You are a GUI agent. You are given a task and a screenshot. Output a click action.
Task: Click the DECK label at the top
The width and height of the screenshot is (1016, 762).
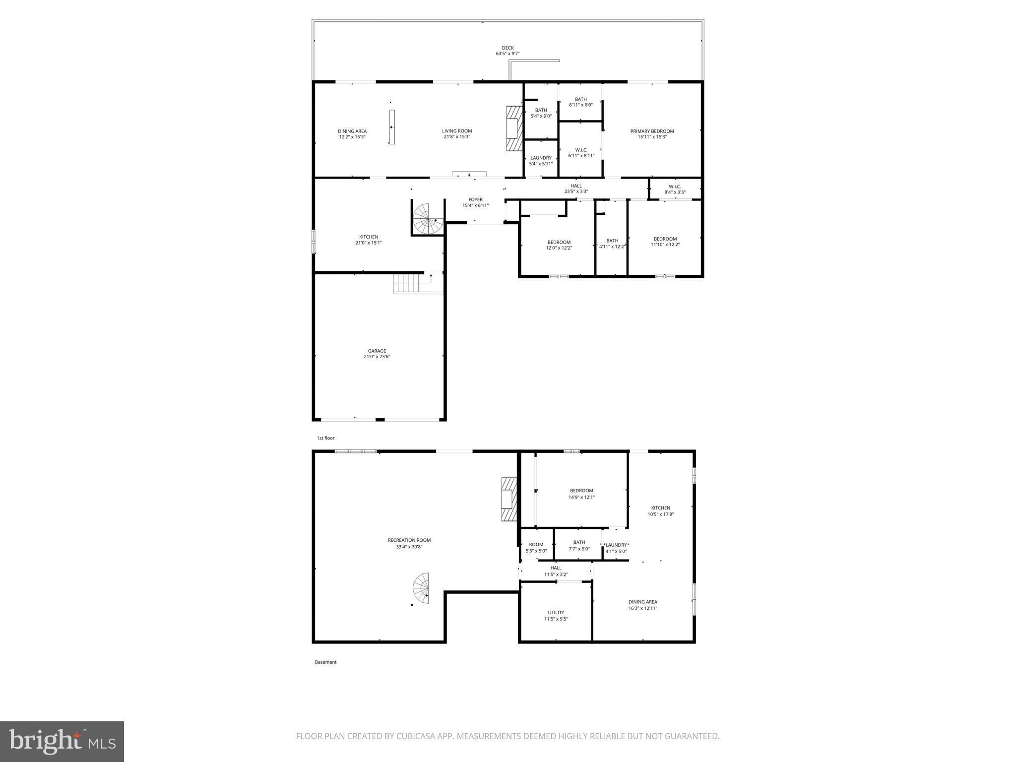coord(508,48)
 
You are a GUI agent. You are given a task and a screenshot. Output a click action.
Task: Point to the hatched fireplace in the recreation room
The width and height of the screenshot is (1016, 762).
coord(509,499)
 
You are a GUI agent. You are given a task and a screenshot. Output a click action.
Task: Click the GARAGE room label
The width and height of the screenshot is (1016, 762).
coord(377,351)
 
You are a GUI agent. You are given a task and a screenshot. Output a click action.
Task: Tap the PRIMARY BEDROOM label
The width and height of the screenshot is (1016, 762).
coord(652,131)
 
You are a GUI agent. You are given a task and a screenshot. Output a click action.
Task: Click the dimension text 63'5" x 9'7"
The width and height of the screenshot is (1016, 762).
coord(508,54)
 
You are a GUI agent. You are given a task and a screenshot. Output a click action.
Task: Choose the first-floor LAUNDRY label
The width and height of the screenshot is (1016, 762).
coord(541,158)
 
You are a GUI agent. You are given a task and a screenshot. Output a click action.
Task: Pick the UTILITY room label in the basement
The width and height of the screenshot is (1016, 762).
coord(556,612)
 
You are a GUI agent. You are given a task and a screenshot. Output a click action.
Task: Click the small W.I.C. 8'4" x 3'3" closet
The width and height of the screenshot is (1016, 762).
coord(675,189)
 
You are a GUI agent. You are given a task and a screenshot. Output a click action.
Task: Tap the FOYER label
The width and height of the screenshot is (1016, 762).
coord(475,199)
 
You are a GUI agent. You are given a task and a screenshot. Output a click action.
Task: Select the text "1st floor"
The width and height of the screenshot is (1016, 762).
coord(326,438)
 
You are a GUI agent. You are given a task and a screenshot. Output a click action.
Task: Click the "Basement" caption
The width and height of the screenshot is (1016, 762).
coord(325,662)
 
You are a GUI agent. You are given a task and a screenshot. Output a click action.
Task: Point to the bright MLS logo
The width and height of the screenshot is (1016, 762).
coord(62,741)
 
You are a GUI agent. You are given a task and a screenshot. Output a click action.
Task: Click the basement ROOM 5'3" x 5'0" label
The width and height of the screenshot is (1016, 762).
coord(536,544)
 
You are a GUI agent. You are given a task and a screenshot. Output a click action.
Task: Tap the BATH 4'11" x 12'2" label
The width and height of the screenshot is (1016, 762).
coord(612,241)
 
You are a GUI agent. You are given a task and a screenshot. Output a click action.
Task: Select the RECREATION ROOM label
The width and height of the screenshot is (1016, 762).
coord(409,540)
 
